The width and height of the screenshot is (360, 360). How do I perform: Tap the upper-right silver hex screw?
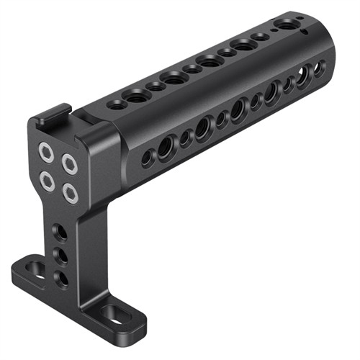click(x=70, y=164)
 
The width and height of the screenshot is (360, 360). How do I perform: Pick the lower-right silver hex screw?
click(x=69, y=191)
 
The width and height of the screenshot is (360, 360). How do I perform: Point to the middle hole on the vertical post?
click(x=61, y=255)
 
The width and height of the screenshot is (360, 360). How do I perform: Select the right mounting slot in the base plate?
click(x=113, y=314)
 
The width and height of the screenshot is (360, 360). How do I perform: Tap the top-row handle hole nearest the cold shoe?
click(x=116, y=104)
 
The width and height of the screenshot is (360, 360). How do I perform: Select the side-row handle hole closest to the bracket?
click(x=148, y=156)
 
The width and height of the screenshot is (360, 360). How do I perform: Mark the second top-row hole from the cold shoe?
click(x=135, y=94)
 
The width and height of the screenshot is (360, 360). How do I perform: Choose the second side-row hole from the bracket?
click(x=166, y=146)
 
